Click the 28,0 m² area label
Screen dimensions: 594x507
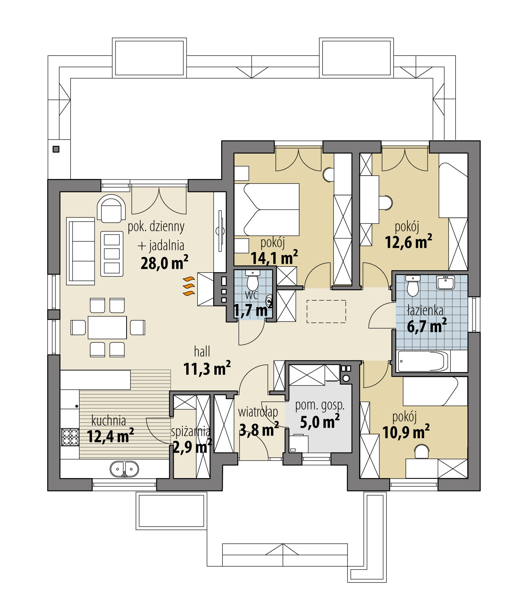(164, 263)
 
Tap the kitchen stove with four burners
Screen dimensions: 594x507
(70, 437)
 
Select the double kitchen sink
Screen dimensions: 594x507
(124, 469)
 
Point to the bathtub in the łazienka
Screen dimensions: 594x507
(422, 361)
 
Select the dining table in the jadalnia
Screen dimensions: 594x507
(107, 327)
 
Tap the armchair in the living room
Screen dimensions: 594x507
(111, 209)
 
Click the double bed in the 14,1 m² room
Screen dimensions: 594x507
(267, 209)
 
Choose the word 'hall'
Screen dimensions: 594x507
(202, 352)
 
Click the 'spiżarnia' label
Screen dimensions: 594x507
(190, 431)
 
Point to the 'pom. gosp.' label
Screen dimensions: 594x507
(320, 405)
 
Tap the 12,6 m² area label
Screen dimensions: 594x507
(408, 242)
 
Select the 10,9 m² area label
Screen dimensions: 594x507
(406, 432)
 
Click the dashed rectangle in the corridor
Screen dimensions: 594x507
(326, 312)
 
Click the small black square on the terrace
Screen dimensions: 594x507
(56, 149)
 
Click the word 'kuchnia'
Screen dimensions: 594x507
(109, 420)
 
